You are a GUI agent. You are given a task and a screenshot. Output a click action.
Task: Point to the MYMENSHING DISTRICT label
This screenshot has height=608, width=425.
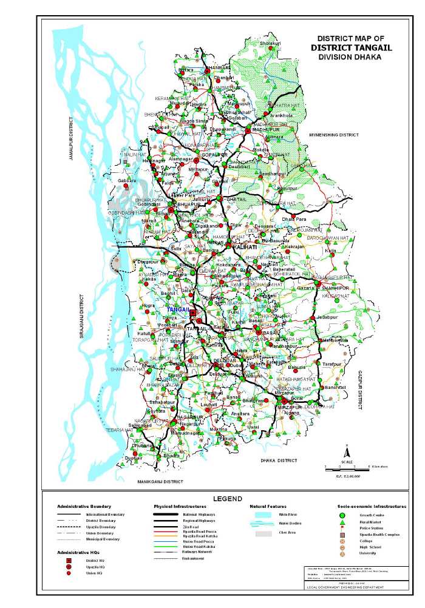pos(334,133)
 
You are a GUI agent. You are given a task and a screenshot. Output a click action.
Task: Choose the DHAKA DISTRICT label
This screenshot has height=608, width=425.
pos(279,461)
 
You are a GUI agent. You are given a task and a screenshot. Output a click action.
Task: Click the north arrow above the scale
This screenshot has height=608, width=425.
pos(347,452)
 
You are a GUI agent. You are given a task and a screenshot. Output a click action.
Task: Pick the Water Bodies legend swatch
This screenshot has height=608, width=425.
pos(262,522)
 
